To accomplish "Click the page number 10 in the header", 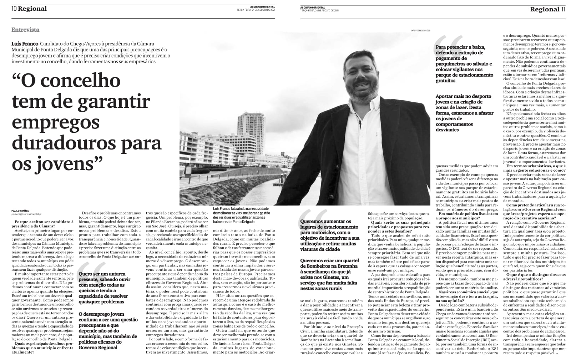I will (14, 9).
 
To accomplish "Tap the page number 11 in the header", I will (563, 9).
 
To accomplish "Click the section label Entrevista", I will (25, 30).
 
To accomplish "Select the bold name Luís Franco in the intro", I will (25, 43).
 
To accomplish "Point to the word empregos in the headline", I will (56, 122).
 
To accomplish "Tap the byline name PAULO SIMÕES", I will (20, 211).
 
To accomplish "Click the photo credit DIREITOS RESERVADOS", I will (420, 31).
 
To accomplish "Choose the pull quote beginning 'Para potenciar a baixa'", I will (464, 64).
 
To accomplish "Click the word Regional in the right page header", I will (544, 9).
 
